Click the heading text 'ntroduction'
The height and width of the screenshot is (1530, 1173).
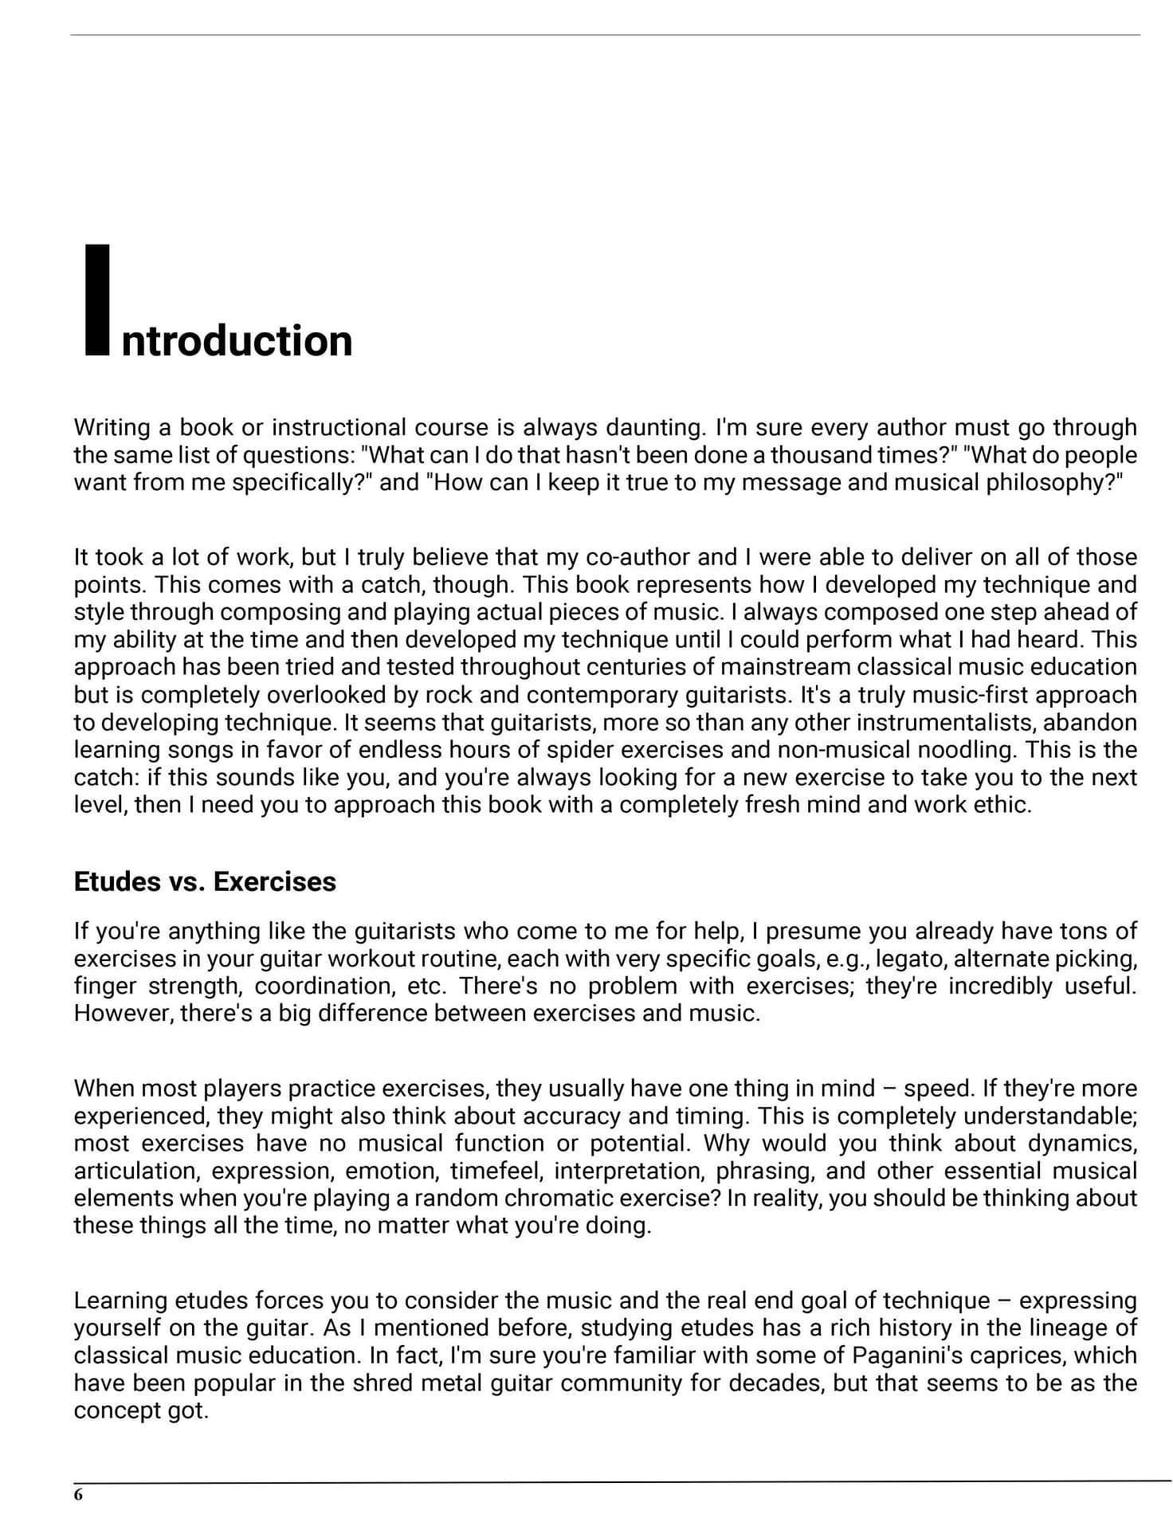[x=237, y=341]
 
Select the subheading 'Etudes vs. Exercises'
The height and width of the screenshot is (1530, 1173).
[x=205, y=881]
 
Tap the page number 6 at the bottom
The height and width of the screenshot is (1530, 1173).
[x=78, y=1495]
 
